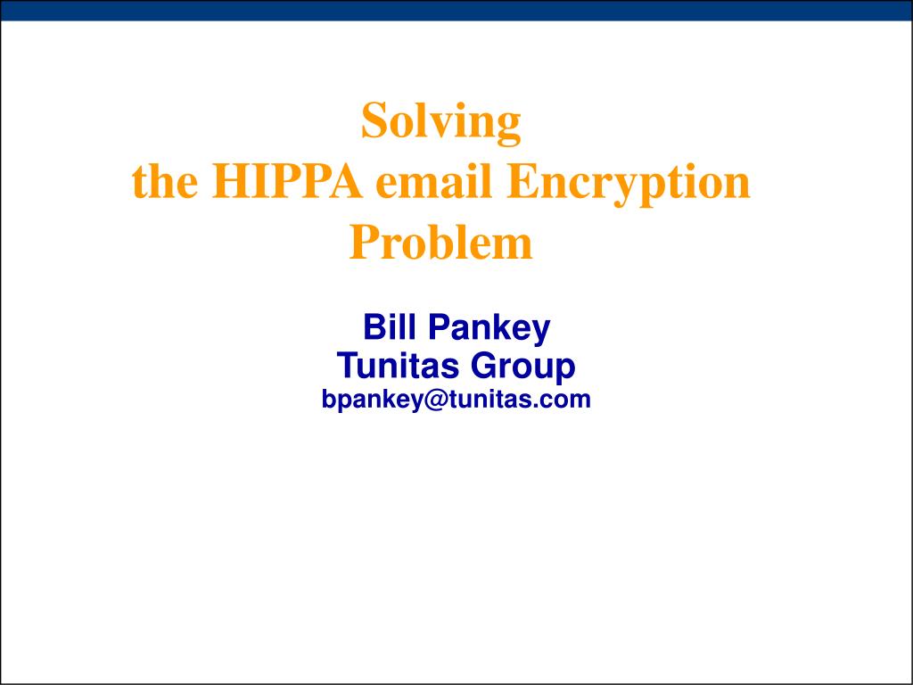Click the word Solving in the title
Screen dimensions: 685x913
[x=440, y=122]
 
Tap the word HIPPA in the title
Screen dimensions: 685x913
[x=287, y=183]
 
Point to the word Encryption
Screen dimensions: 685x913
[x=628, y=183]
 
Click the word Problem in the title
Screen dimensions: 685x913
[x=440, y=243]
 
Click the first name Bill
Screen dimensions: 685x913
[x=385, y=328]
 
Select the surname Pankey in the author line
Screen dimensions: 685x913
[x=489, y=328]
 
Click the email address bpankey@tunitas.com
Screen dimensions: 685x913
[x=456, y=400]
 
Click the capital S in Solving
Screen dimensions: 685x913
[x=373, y=122]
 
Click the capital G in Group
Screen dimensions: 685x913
[x=483, y=366]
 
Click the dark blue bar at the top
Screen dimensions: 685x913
[x=456, y=10]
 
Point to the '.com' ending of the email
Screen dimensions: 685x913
[x=567, y=400]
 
